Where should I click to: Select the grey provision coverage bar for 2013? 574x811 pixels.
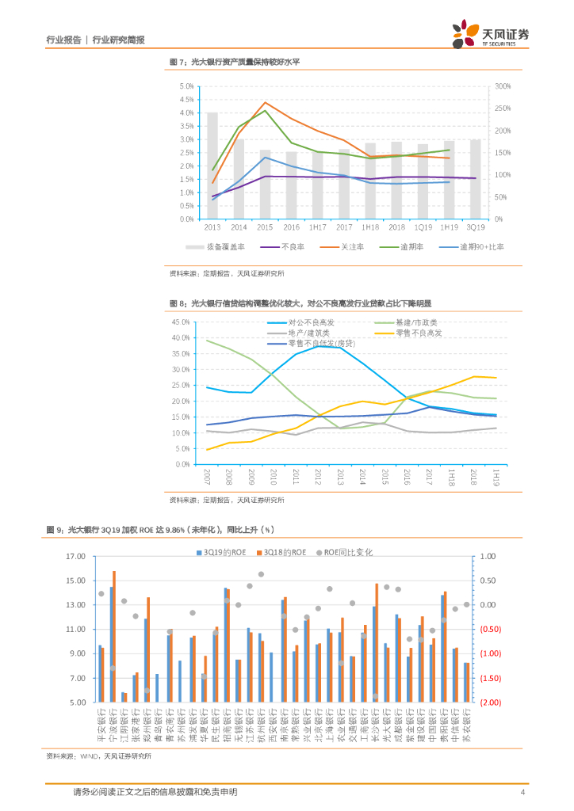pyautogui.click(x=212, y=166)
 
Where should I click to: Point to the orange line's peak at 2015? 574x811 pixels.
pyautogui.click(x=265, y=102)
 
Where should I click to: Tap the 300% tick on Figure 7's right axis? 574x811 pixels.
pyautogui.click(x=503, y=86)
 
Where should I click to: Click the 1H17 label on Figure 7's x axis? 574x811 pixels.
pyautogui.click(x=317, y=227)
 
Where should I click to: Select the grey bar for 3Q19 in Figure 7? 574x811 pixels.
pyautogui.click(x=475, y=179)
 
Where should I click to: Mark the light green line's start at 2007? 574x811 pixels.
pyautogui.click(x=207, y=341)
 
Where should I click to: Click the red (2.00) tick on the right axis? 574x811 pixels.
pyautogui.click(x=488, y=702)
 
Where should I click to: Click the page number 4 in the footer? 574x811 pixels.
pyautogui.click(x=522, y=793)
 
